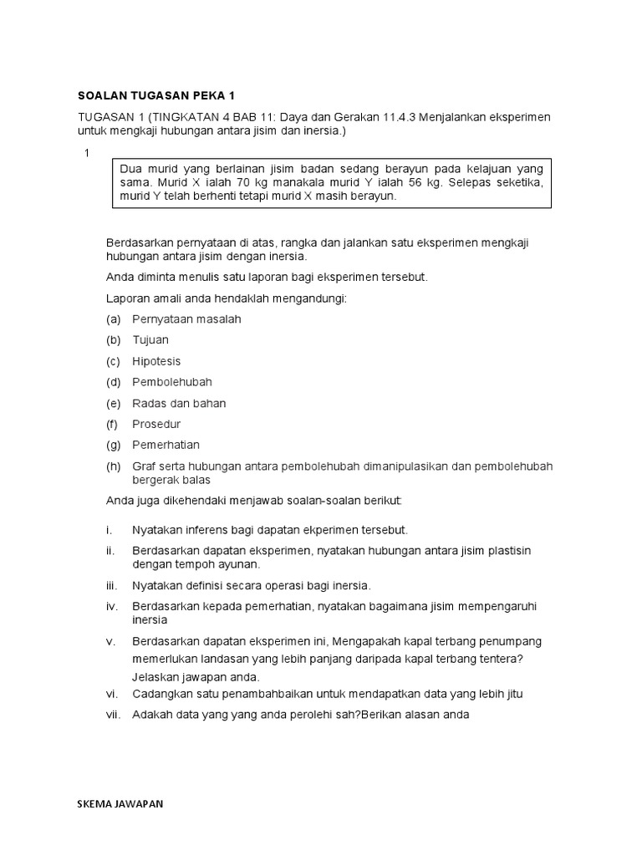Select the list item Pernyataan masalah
[x=186, y=319]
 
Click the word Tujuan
[x=150, y=340]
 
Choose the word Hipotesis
[x=156, y=361]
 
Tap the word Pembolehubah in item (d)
[x=172, y=382]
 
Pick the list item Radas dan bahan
[x=179, y=403]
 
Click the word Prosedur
[x=155, y=424]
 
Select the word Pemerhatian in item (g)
[x=166, y=445]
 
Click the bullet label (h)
[x=115, y=466]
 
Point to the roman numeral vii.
[x=115, y=715]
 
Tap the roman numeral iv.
[x=114, y=605]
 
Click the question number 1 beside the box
[x=85, y=153]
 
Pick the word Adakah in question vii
[x=152, y=715]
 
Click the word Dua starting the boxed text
[x=133, y=167]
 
